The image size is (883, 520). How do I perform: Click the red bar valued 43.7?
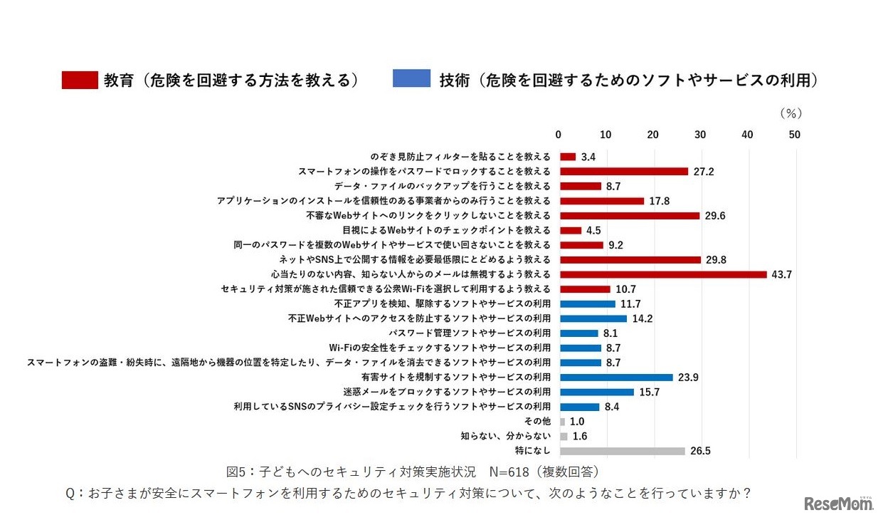tap(663, 274)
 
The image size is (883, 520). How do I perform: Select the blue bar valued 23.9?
tap(616, 378)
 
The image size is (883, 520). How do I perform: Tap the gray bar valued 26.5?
tap(623, 451)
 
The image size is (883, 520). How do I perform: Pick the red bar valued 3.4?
tap(568, 157)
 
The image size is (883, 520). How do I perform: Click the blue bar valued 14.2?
tap(593, 318)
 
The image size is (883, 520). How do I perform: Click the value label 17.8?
tap(659, 201)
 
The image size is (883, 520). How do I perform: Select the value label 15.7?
tap(649, 392)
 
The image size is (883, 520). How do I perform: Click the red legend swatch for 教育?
tap(80, 80)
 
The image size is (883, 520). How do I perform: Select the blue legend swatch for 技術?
tap(411, 79)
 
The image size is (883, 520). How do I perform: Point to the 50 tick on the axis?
tap(795, 135)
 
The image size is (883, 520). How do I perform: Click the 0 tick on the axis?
tap(559, 135)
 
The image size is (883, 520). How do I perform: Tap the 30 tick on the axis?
tap(700, 135)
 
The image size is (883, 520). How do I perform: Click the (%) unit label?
tap(791, 113)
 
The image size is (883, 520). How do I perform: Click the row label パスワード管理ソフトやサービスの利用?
tap(470, 333)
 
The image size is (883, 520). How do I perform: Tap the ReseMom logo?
tap(838, 503)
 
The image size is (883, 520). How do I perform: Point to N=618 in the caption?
tap(509, 472)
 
